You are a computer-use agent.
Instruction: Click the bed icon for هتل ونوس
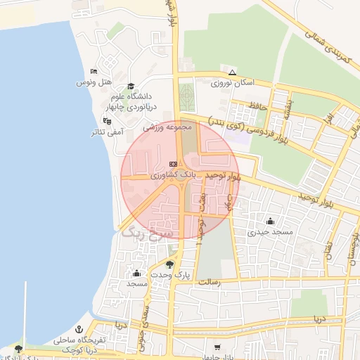(x=94, y=72)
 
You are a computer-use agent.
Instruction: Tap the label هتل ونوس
(x=94, y=82)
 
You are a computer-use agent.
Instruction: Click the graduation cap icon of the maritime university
(x=131, y=86)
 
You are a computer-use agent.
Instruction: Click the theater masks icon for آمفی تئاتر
(x=106, y=121)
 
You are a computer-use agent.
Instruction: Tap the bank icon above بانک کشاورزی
(x=173, y=162)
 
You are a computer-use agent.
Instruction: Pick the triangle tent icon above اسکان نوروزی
(x=232, y=72)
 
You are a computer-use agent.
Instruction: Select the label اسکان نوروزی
(x=232, y=83)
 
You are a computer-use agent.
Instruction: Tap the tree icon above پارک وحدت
(x=169, y=264)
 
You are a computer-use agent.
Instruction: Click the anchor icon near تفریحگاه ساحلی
(x=79, y=329)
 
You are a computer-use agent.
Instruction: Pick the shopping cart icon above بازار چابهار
(x=217, y=347)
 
